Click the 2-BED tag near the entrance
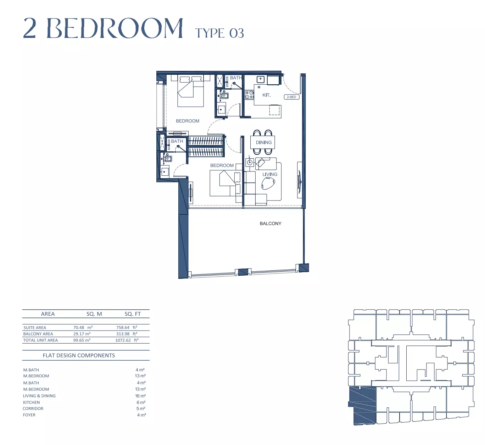pyautogui.click(x=291, y=97)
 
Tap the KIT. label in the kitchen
pyautogui.click(x=267, y=95)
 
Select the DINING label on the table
pyautogui.click(x=264, y=142)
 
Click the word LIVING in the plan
pyautogui.click(x=270, y=174)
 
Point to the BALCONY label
pyautogui.click(x=271, y=224)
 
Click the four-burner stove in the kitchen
pyautogui.click(x=249, y=95)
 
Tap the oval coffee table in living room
pyautogui.click(x=268, y=183)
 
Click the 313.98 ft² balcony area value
pyautogui.click(x=127, y=334)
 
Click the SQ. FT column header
pyautogui.click(x=133, y=314)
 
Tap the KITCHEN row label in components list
pyautogui.click(x=32, y=402)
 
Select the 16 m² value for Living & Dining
pyautogui.click(x=140, y=396)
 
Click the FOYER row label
pyautogui.click(x=29, y=415)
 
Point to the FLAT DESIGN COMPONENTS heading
pyautogui.click(x=79, y=355)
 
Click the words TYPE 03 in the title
pyautogui.click(x=219, y=33)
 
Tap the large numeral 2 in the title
pyautogui.click(x=30, y=28)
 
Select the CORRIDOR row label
pyautogui.click(x=33, y=409)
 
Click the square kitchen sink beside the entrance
pyautogui.click(x=260, y=79)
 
